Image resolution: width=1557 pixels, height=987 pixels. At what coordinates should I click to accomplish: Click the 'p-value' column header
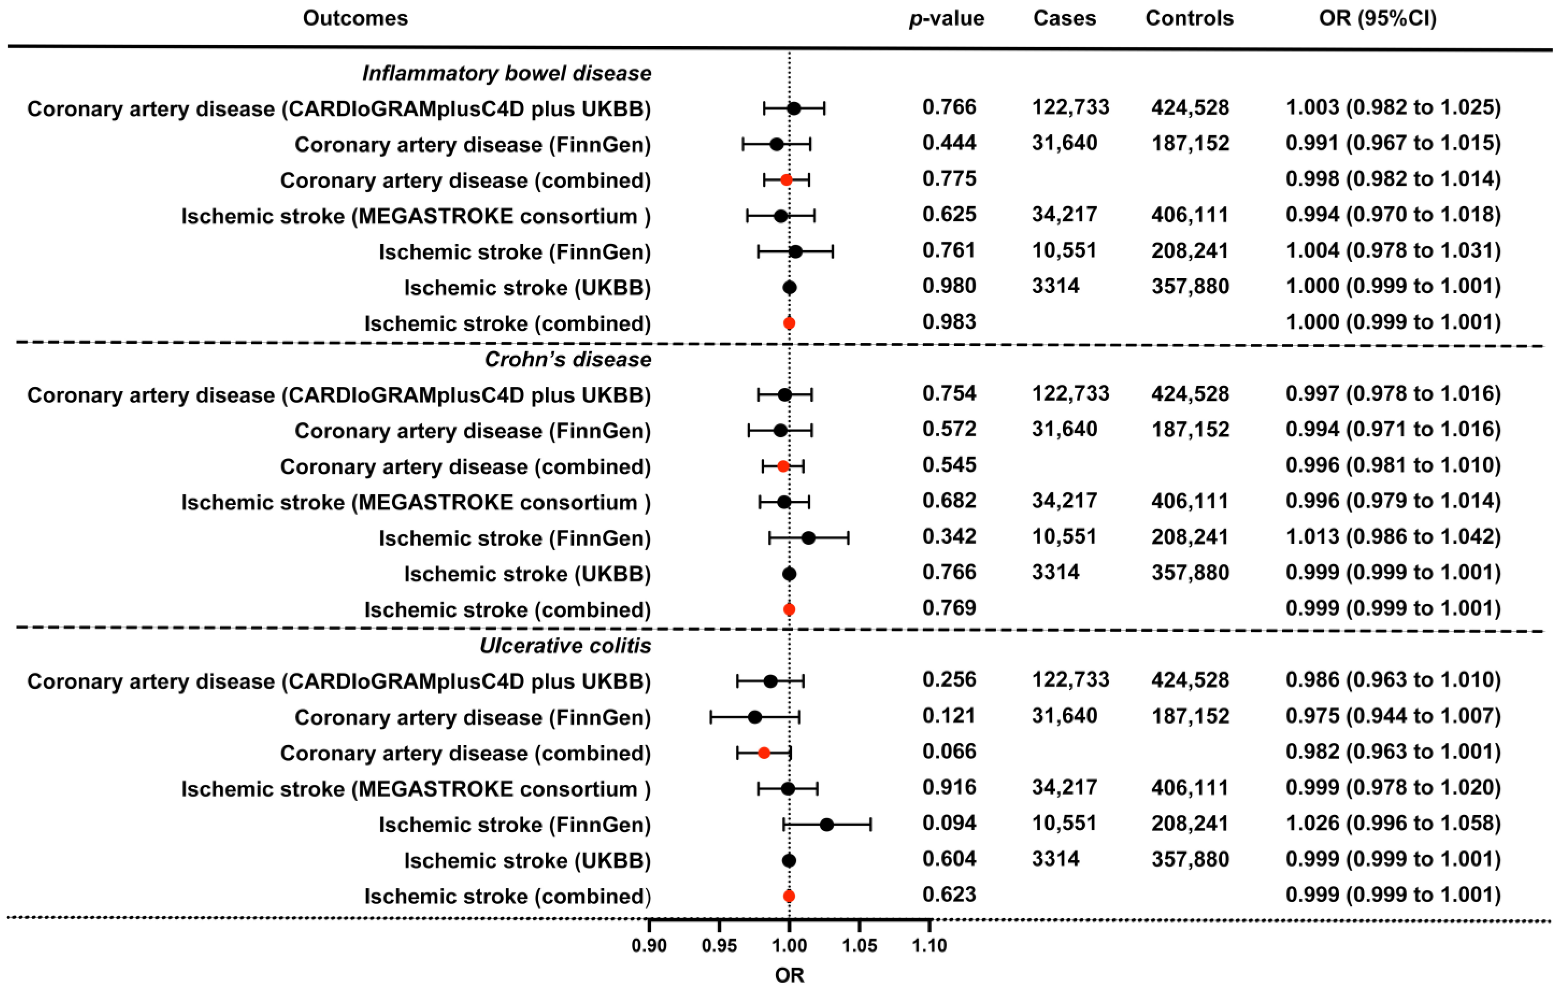[946, 18]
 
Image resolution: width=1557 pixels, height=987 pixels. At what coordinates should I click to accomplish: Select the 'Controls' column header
[1189, 18]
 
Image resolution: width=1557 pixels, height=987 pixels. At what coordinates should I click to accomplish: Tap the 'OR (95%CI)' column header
[1377, 18]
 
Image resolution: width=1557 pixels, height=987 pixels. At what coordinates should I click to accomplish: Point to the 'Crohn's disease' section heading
[568, 360]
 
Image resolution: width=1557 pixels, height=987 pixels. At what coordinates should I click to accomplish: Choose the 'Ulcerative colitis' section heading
[565, 645]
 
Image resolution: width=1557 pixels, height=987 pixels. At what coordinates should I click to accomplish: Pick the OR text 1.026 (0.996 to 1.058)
[1393, 823]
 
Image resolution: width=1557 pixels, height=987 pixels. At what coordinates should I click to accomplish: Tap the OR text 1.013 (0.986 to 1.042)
[1393, 537]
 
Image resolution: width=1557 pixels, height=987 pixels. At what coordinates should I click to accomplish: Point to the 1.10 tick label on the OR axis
[929, 945]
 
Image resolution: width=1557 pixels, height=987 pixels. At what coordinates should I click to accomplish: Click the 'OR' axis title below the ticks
[789, 975]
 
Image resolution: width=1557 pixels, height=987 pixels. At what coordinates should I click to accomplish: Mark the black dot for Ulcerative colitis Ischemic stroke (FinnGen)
[826, 825]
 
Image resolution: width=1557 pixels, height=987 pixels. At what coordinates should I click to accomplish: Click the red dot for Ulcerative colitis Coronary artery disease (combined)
[763, 753]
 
